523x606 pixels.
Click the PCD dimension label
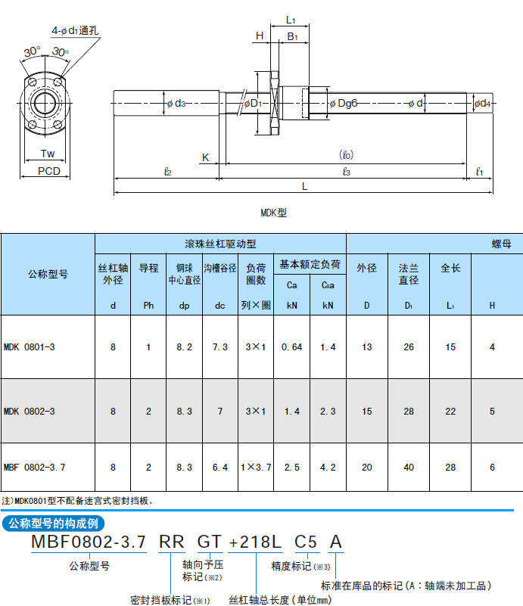(49, 171)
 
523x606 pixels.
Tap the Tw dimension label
(48, 154)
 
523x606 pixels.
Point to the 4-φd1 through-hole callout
(75, 30)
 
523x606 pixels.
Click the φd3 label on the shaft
(176, 103)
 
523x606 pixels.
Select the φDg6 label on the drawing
(344, 103)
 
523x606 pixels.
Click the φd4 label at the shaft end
(482, 103)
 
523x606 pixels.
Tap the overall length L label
(304, 187)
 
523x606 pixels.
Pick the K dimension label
(205, 157)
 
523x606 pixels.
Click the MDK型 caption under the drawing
(274, 213)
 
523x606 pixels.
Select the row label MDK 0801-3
(30, 347)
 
